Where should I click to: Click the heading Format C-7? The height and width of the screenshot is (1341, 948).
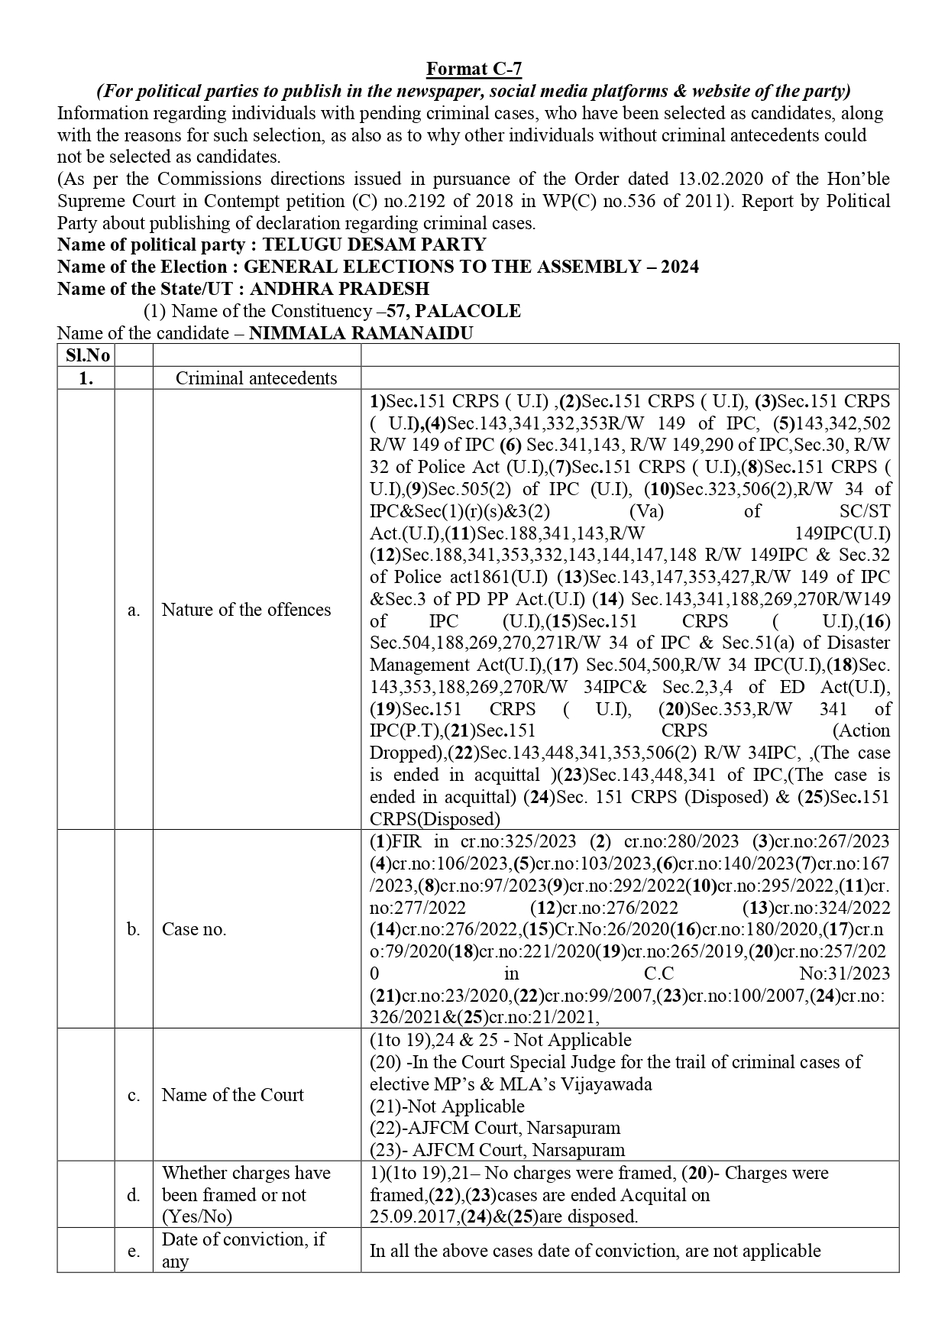474,70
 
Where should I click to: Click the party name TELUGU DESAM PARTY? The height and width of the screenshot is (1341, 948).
374,245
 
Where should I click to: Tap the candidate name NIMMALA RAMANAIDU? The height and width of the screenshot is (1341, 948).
361,333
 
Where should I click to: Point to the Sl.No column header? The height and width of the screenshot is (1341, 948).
86,355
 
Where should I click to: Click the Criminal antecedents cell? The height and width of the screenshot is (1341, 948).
256,378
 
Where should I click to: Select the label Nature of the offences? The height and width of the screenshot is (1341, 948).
246,610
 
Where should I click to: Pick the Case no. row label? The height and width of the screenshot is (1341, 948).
194,929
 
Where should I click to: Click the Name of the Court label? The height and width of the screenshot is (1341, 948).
232,1095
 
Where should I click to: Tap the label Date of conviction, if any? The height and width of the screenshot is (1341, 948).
244,1250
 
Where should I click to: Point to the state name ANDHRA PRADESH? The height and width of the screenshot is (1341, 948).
339,289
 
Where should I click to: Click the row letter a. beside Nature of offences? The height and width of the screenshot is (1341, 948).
134,610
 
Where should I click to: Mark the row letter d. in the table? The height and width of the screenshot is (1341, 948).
134,1195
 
